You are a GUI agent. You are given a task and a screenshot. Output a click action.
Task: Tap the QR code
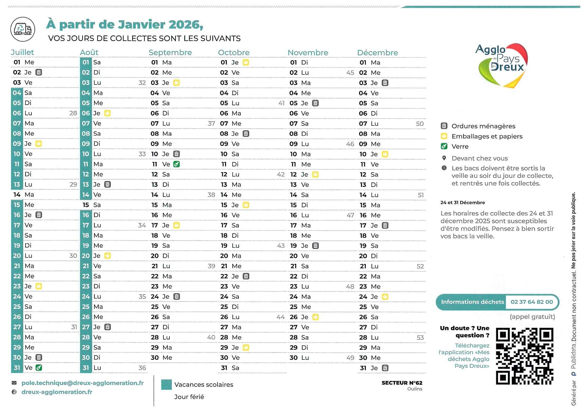(x=525, y=356)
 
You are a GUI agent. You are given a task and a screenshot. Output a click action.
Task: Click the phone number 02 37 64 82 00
(x=531, y=302)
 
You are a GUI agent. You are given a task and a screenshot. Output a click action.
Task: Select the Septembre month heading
(x=170, y=52)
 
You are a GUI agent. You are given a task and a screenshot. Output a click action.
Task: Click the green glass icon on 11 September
(x=176, y=164)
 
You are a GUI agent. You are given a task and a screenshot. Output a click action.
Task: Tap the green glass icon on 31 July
(x=39, y=368)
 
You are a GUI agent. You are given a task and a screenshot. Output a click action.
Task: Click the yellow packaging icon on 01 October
(x=246, y=62)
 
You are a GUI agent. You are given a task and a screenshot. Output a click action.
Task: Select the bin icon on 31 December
(x=385, y=368)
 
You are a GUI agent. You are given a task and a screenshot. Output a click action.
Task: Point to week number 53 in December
(x=420, y=338)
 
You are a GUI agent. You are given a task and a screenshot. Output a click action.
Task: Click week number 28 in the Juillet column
(x=73, y=113)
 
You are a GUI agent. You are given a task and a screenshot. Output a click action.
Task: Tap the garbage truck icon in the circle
(x=23, y=29)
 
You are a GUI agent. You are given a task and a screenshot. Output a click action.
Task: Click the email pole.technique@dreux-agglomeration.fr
(x=82, y=383)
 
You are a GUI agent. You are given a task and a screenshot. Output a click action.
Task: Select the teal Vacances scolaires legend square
(x=166, y=384)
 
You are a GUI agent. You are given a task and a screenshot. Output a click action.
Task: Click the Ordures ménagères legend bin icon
(x=444, y=126)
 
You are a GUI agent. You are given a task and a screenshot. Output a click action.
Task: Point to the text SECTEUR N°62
(x=402, y=383)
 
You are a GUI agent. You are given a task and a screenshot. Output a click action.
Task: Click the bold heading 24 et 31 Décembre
(x=462, y=203)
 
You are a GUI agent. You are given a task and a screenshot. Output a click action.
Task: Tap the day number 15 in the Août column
(x=86, y=205)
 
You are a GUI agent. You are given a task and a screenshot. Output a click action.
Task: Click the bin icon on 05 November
(x=316, y=103)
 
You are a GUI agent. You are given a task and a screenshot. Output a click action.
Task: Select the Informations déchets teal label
(x=472, y=302)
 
